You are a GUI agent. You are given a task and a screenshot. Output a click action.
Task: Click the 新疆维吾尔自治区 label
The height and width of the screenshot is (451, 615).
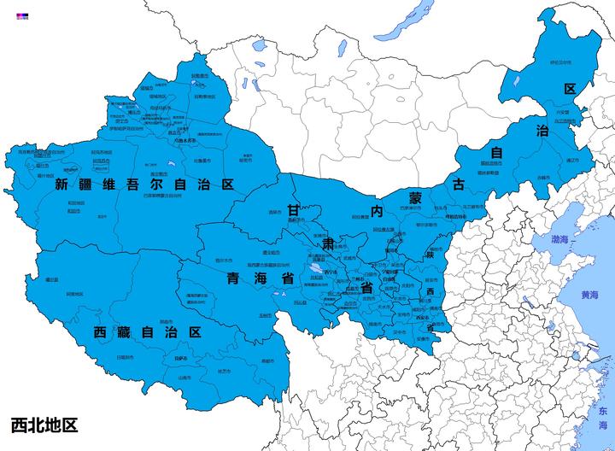pyautogui.click(x=143, y=184)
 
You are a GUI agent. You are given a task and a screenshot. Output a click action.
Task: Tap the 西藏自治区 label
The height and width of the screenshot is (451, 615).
pyautogui.click(x=147, y=331)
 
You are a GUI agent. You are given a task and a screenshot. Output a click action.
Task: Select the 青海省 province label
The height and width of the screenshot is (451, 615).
pyautogui.click(x=261, y=279)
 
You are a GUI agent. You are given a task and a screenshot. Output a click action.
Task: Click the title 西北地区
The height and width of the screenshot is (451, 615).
pyautogui.click(x=44, y=425)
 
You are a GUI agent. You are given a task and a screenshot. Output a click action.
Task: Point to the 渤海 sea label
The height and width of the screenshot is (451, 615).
pyautogui.click(x=564, y=240)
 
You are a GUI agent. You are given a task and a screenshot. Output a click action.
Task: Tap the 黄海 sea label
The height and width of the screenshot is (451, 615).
pyautogui.click(x=590, y=295)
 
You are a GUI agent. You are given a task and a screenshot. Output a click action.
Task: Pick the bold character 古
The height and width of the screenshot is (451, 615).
pyautogui.click(x=459, y=184)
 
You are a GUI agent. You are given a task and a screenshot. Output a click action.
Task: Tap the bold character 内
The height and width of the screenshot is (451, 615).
pyautogui.click(x=375, y=209)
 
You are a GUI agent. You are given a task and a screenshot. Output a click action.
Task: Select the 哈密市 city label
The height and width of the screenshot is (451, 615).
pyautogui.click(x=245, y=159)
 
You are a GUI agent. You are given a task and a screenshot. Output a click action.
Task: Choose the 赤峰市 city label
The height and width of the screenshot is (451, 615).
pyautogui.click(x=543, y=178)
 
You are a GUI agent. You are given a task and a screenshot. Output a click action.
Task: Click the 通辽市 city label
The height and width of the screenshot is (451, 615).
pyautogui.click(x=572, y=160)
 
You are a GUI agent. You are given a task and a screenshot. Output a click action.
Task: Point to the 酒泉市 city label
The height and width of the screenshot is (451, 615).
pyautogui.click(x=274, y=212)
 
